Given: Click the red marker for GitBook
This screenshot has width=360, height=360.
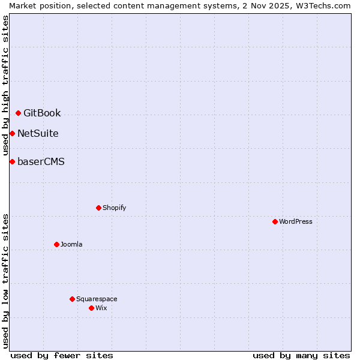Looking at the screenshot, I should (19, 113).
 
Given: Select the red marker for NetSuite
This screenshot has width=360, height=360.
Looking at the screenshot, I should (12, 133).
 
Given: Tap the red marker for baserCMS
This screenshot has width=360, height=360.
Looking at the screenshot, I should (12, 161).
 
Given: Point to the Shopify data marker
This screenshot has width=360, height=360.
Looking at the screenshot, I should (98, 208).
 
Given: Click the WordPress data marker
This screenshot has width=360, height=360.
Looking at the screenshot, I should (275, 221).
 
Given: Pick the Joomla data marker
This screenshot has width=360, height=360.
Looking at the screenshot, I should (56, 244).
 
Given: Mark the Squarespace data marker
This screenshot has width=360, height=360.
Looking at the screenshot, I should (72, 299).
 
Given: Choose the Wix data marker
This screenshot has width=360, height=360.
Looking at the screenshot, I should (91, 308).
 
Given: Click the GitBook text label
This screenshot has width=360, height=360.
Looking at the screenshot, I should (42, 113).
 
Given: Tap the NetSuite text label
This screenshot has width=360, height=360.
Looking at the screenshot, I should (38, 134).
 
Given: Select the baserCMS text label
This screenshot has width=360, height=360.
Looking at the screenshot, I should (41, 162).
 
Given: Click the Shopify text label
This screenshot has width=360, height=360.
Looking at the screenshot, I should (114, 208).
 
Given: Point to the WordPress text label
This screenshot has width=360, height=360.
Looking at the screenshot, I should (296, 222).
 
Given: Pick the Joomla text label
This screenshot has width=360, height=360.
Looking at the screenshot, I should (71, 245).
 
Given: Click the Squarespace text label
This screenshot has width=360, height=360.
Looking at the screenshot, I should (97, 299).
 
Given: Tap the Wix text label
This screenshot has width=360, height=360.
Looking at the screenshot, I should (101, 308).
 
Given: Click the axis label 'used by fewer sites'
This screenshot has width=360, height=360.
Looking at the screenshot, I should (62, 356).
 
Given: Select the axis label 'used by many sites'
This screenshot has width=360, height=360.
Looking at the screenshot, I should (301, 356).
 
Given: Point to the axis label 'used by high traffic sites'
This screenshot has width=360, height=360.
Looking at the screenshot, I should (5, 85).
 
